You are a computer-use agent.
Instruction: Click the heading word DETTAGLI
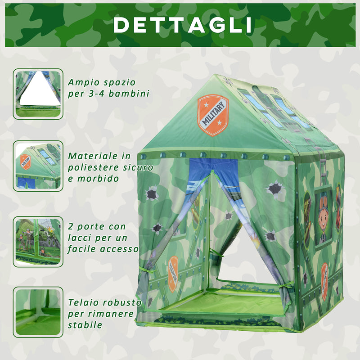point(182,25)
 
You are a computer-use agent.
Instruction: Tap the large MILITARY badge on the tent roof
point(212,115)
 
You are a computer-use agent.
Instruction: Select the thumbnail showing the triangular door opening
point(37,94)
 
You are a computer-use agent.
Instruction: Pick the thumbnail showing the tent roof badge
point(37,166)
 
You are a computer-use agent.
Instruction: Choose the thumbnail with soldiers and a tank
point(37,241)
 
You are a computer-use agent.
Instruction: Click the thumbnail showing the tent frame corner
point(37,312)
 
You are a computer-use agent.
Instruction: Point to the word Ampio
point(82,83)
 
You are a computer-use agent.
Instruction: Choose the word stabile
point(85,325)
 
